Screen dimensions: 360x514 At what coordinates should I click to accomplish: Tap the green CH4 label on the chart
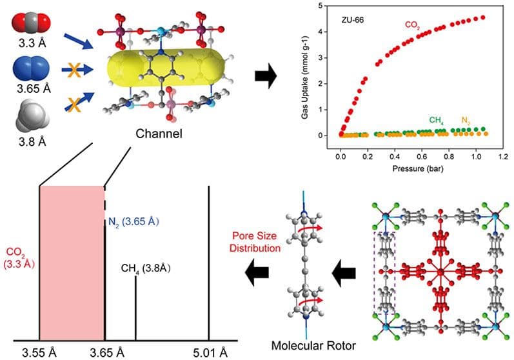(x=439, y=120)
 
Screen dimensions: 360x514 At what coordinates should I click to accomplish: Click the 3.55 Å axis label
(x=40, y=352)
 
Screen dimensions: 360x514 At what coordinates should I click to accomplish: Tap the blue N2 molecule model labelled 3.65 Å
(x=30, y=68)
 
